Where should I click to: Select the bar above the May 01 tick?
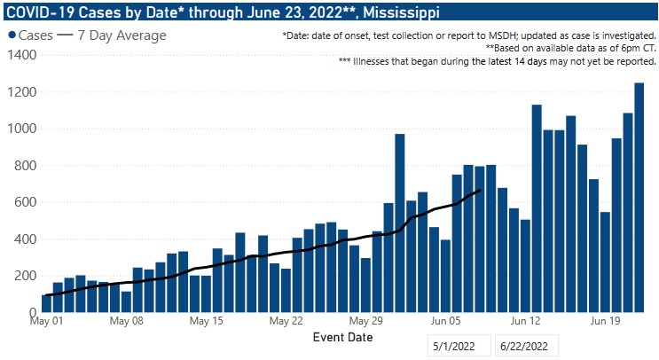pos(47,303)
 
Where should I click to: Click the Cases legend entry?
pos(29,35)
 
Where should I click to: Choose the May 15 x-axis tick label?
pos(206,322)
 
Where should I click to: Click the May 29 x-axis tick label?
pos(365,322)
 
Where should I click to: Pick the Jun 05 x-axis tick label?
pos(445,322)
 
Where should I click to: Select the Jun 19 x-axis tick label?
pos(605,322)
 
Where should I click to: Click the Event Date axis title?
pos(342,338)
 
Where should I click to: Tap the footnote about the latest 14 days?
pos(497,62)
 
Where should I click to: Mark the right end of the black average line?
pos(480,190)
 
